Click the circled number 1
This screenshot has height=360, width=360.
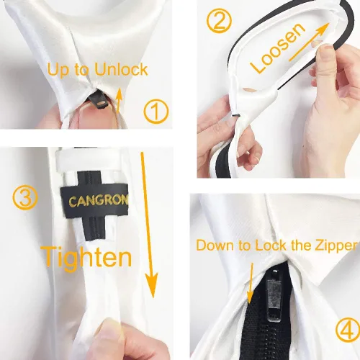click(x=156, y=111)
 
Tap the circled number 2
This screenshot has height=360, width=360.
click(x=219, y=20)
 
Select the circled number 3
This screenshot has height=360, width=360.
click(x=25, y=198)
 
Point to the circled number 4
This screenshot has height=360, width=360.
click(x=348, y=330)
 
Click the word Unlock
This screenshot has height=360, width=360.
click(x=121, y=69)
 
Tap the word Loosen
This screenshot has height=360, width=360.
click(x=278, y=48)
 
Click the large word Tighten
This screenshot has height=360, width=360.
click(x=86, y=257)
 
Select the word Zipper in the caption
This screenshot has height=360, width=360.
click(x=336, y=246)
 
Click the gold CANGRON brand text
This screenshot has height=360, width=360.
click(x=99, y=200)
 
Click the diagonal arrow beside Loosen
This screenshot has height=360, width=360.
click(x=308, y=42)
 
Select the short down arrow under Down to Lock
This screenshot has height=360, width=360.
click(x=251, y=283)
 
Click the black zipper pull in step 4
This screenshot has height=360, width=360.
click(x=274, y=296)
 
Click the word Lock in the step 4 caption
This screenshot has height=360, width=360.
click(x=271, y=246)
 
